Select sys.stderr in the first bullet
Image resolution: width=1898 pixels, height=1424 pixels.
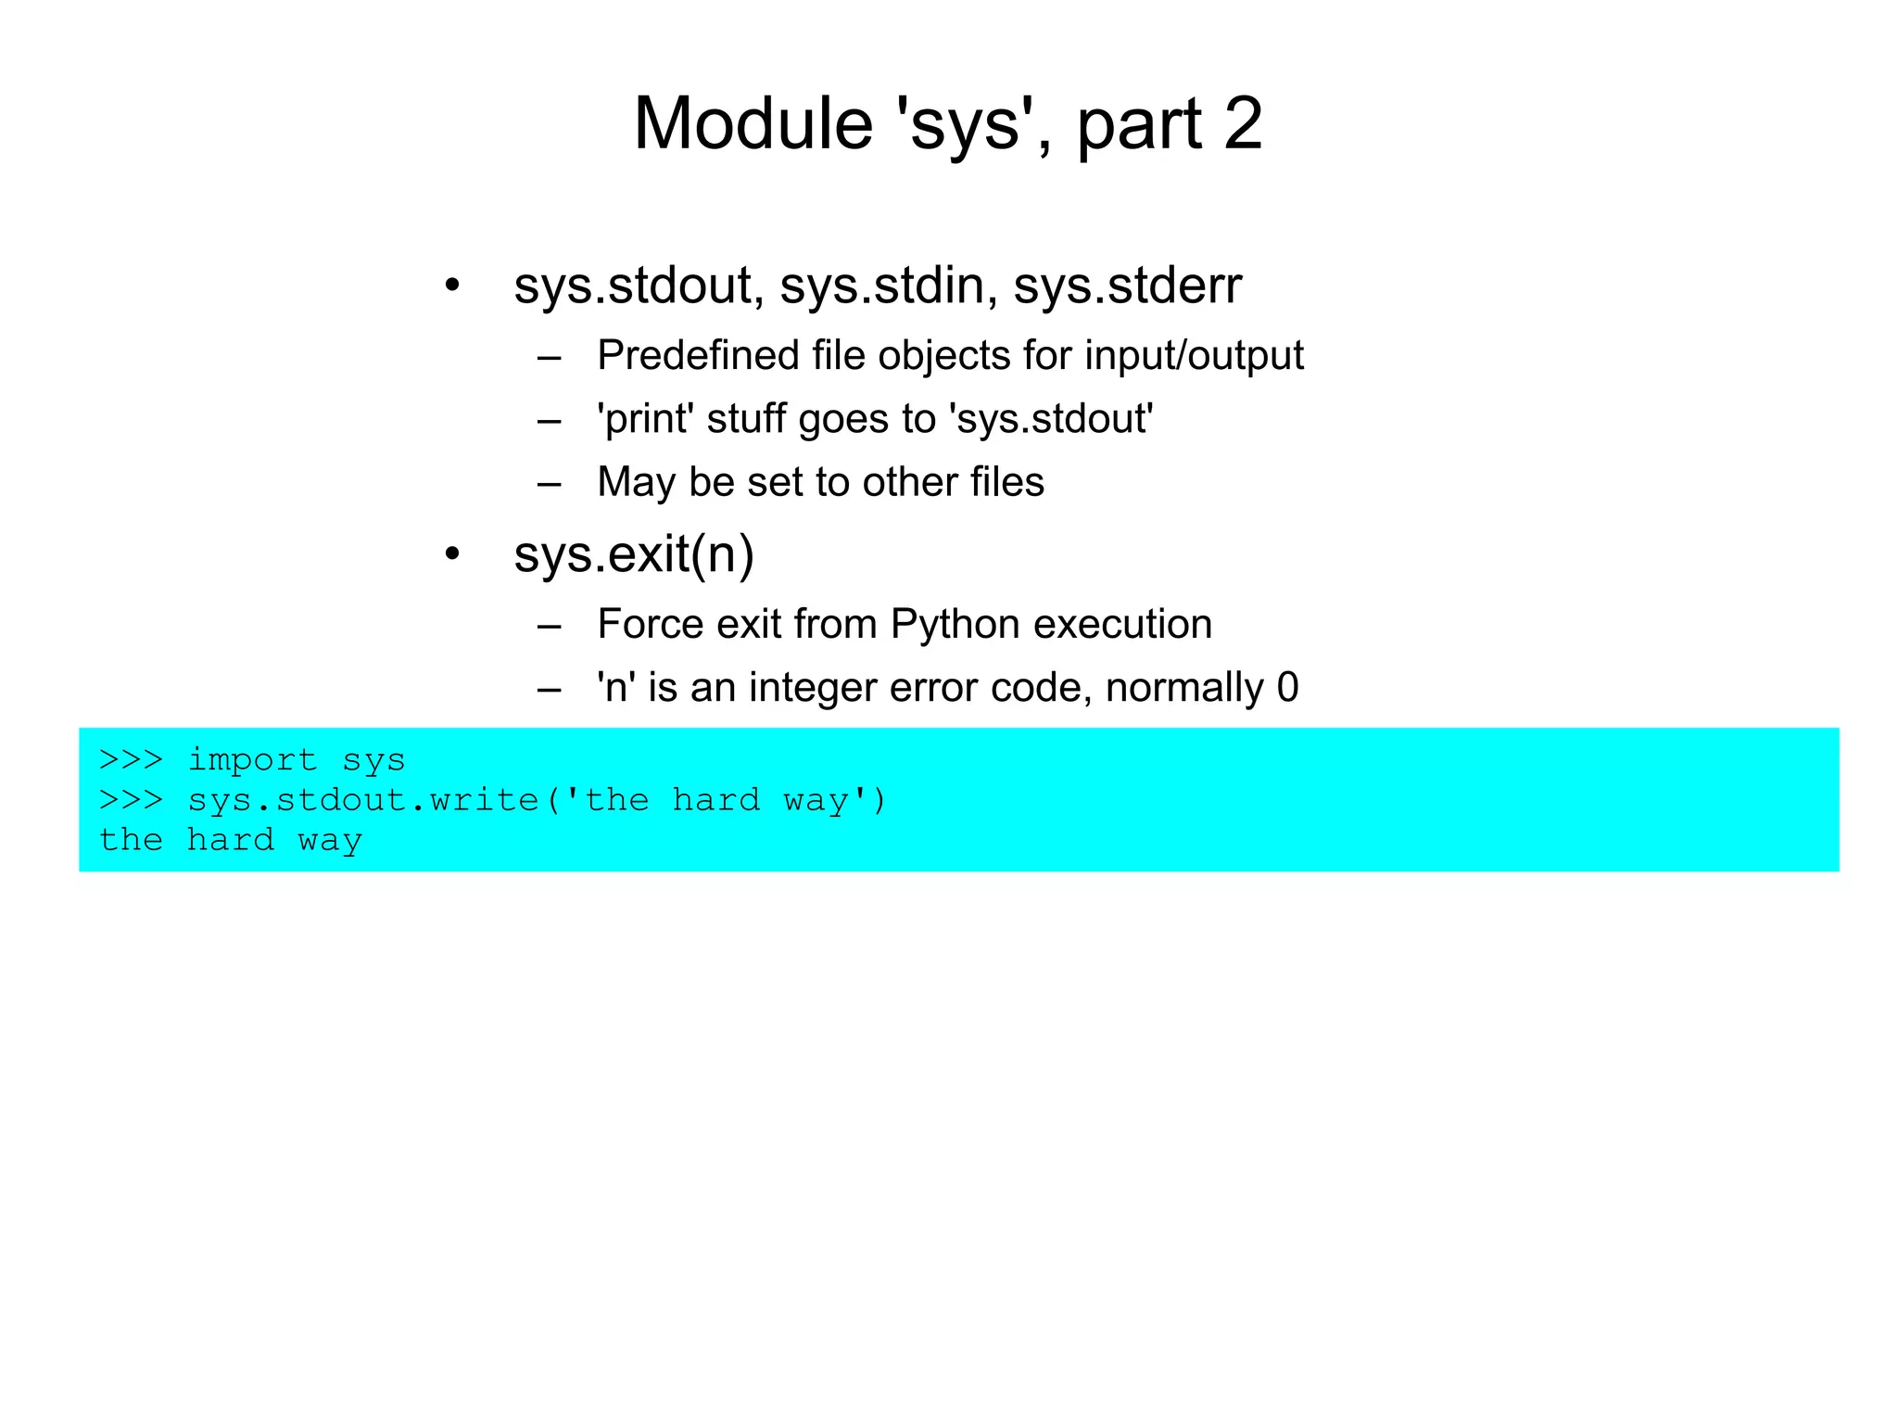[x=1127, y=285]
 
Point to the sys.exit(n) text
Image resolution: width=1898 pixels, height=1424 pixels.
[x=634, y=554]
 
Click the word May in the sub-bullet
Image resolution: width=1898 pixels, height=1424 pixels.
[x=637, y=482]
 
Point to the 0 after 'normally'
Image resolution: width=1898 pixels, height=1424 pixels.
[x=1287, y=688]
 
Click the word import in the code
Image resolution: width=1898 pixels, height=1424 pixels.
[x=252, y=760]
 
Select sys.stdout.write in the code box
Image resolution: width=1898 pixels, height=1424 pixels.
[x=363, y=800]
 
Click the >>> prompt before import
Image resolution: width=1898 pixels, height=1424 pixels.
[x=131, y=760]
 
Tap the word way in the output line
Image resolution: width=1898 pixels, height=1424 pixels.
[x=330, y=841]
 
